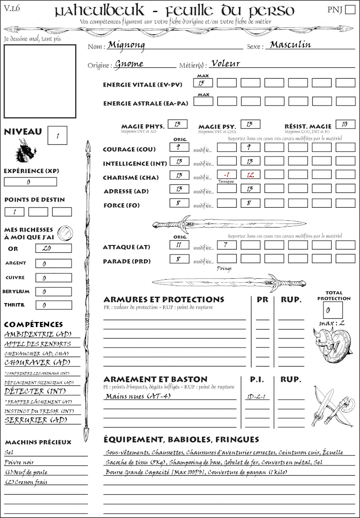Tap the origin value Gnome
tap(129, 64)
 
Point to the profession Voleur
tap(225, 63)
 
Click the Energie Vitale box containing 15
tap(203, 83)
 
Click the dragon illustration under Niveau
tap(25, 151)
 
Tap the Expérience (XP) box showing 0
tap(31, 182)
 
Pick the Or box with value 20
tap(53, 248)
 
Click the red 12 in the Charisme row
tap(250, 175)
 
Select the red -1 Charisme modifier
tap(226, 175)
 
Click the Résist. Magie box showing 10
tap(345, 125)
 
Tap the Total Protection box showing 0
tap(333, 310)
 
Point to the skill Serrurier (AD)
tap(35, 420)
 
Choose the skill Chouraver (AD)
tap(37, 362)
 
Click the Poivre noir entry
tap(19, 462)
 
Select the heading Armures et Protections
tap(164, 299)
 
